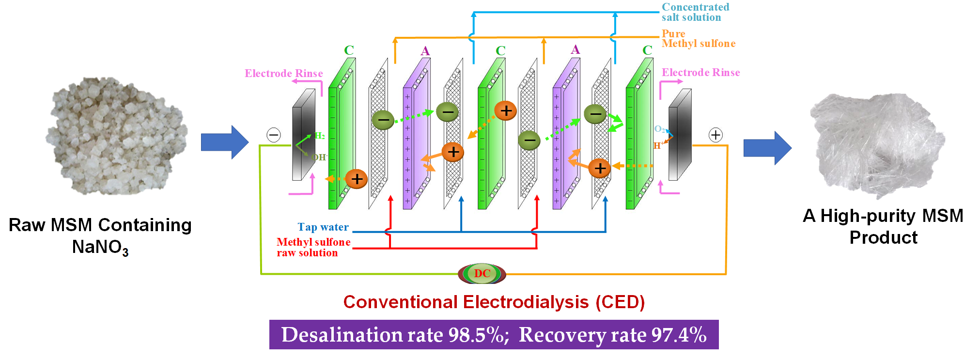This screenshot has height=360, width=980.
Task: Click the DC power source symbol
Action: [x=482, y=274]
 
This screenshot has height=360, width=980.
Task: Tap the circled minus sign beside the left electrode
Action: [x=274, y=135]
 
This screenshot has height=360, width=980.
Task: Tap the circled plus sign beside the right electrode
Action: [x=716, y=135]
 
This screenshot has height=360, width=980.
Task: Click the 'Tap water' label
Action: [x=323, y=227]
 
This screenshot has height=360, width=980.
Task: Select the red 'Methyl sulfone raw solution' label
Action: [x=313, y=247]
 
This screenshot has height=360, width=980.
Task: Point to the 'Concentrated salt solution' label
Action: [x=695, y=12]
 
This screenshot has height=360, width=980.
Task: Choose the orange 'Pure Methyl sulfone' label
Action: [x=698, y=39]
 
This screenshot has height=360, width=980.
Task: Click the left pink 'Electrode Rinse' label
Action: [x=283, y=74]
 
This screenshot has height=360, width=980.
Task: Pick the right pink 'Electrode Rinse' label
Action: [x=700, y=73]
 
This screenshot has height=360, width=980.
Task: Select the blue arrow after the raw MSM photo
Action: [x=225, y=142]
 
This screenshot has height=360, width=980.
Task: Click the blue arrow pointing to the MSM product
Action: [x=767, y=148]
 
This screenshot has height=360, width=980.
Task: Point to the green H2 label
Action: [x=320, y=136]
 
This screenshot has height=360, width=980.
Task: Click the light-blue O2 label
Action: [x=659, y=129]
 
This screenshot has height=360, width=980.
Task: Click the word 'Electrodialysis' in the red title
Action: [x=526, y=302]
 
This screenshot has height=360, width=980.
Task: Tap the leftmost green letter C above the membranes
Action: [x=349, y=50]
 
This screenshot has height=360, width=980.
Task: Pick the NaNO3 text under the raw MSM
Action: [x=100, y=247]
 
